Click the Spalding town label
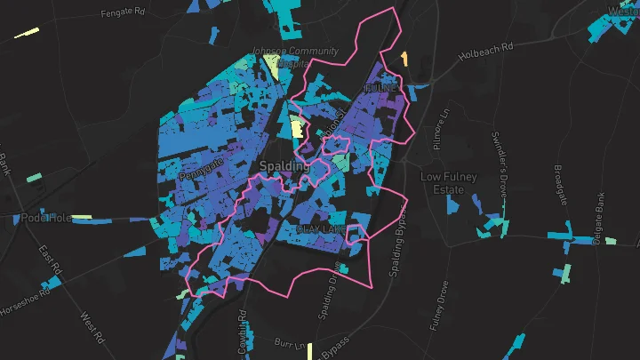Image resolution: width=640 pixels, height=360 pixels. (x=285, y=166)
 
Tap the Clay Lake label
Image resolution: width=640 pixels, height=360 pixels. (x=321, y=228)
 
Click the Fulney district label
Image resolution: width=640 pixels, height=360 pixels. (x=380, y=88)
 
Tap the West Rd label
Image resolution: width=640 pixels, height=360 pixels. (x=92, y=326)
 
